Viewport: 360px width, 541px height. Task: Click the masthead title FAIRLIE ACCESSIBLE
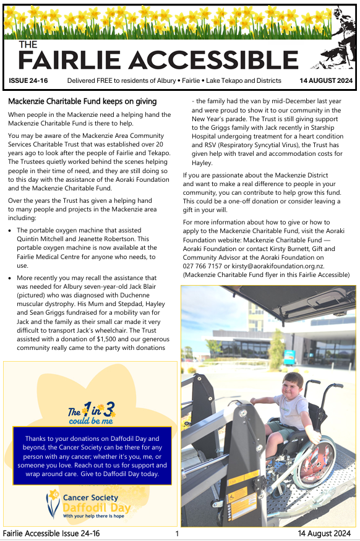pos(158,60)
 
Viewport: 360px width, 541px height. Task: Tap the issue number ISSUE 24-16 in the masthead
pos(28,81)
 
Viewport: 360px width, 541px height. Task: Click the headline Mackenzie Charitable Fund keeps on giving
pos(82,101)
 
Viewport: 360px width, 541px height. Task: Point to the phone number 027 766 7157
pos(205,265)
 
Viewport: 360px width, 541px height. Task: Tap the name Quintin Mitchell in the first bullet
pos(43,239)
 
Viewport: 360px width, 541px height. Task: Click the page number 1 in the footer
pos(177,534)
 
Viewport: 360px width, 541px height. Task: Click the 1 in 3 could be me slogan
pos(92,412)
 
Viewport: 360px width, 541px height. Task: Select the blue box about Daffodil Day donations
pos(92,455)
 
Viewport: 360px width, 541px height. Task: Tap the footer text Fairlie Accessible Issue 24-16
pos(51,534)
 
